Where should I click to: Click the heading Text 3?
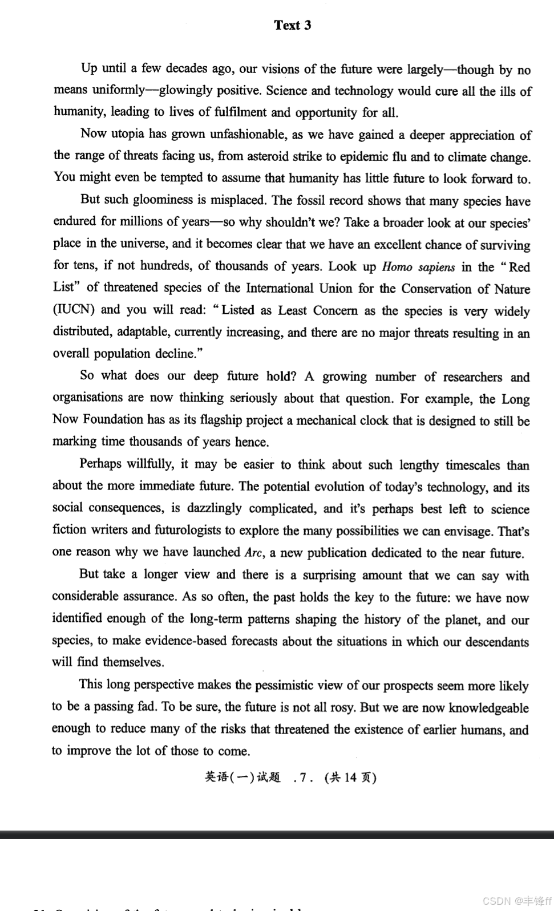(292, 25)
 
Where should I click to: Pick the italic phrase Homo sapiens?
(418, 267)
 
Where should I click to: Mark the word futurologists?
(188, 530)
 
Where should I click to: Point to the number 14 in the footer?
(350, 778)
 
